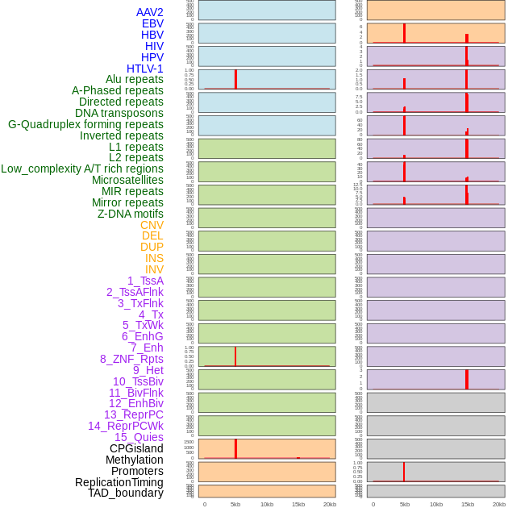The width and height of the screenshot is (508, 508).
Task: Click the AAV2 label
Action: (x=149, y=12)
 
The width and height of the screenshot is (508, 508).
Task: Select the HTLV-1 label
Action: (x=144, y=69)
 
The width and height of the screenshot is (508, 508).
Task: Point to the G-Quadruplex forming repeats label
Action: (x=85, y=124)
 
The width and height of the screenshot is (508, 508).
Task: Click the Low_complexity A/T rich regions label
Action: (x=82, y=169)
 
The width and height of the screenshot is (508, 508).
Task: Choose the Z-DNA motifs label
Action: (x=130, y=214)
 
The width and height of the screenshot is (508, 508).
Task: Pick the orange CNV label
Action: (x=152, y=225)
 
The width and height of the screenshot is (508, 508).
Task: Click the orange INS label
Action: (x=154, y=258)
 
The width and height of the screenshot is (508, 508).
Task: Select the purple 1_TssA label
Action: (x=145, y=281)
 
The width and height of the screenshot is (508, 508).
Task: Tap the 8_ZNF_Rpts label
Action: (x=131, y=359)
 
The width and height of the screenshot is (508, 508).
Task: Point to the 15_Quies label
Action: (x=139, y=437)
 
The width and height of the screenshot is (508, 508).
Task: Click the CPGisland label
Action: (x=136, y=448)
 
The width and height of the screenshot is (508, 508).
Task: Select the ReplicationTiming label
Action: (x=119, y=482)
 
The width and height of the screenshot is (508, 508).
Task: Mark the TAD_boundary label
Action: (x=125, y=493)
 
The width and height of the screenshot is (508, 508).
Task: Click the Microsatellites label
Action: (x=127, y=180)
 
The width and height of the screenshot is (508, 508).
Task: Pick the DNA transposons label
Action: (x=119, y=113)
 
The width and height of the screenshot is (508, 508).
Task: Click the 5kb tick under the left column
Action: (x=235, y=504)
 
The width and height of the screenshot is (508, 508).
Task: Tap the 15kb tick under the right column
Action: (x=467, y=504)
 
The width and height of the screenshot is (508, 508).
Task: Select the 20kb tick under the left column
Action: (x=329, y=504)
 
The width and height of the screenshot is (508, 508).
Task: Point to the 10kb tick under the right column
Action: (x=435, y=504)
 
